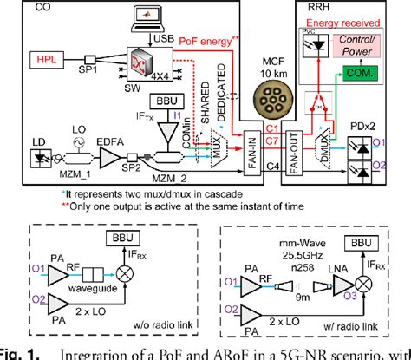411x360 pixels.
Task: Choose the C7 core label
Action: [272, 141]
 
